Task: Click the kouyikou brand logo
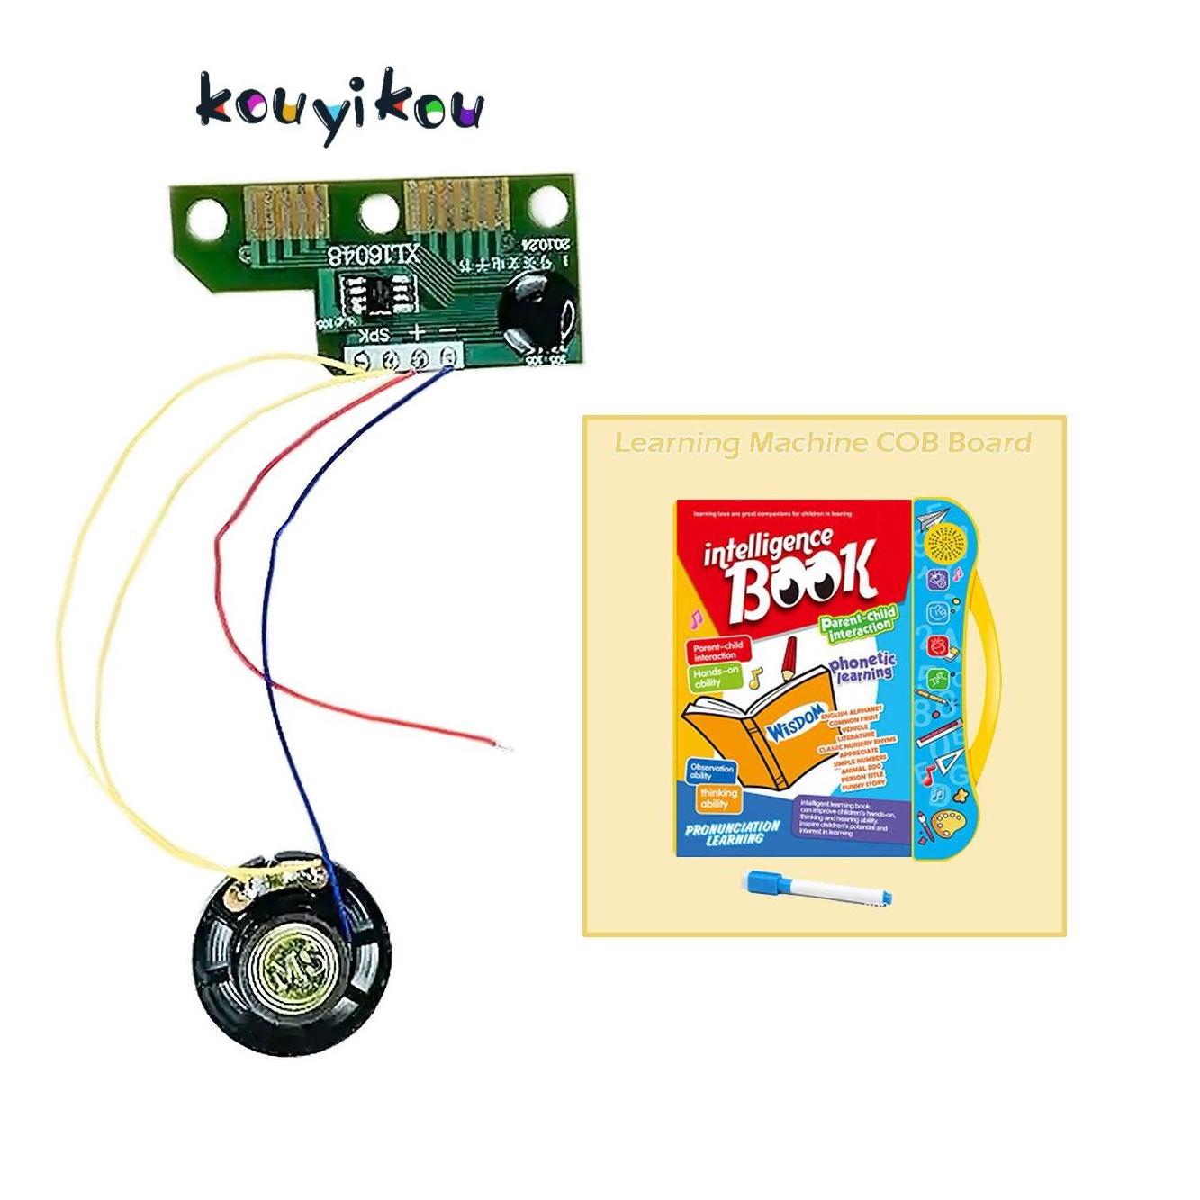[339, 105]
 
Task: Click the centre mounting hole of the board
[376, 212]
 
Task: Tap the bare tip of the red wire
[505, 746]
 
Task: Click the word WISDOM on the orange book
[796, 713]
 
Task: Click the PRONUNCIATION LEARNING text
[733, 832]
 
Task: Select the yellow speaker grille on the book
[943, 542]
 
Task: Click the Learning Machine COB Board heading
[823, 443]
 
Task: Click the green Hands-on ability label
[716, 677]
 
